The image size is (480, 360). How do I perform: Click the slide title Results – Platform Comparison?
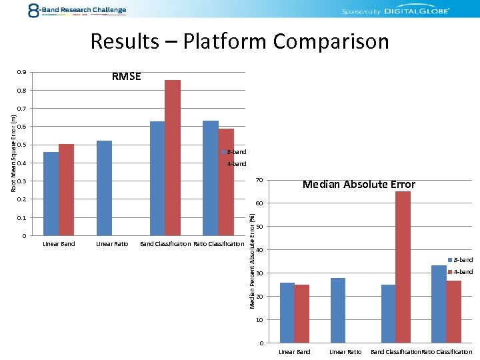click(x=239, y=41)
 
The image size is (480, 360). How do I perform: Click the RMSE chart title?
click(x=126, y=76)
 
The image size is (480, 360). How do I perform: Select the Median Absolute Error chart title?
click(x=359, y=185)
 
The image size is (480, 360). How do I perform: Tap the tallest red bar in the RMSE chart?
click(x=173, y=157)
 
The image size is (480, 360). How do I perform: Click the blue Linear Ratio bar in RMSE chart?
click(x=104, y=188)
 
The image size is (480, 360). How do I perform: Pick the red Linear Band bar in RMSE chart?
click(x=66, y=189)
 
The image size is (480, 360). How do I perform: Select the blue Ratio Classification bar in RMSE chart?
click(x=211, y=178)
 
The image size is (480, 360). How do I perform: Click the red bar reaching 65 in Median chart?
click(x=403, y=267)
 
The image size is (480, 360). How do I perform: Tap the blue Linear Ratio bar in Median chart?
click(x=338, y=310)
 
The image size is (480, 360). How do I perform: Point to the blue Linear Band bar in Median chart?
click(x=287, y=312)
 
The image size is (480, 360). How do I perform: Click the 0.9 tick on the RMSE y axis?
click(x=23, y=72)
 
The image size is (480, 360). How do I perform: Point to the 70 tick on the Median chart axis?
click(x=260, y=180)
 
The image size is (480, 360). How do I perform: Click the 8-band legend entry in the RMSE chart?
click(x=235, y=152)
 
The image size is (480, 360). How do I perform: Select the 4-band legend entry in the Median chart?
click(x=462, y=271)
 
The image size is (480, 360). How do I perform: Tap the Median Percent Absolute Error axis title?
click(x=252, y=260)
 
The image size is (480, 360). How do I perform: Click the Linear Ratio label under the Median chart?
click(x=345, y=351)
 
